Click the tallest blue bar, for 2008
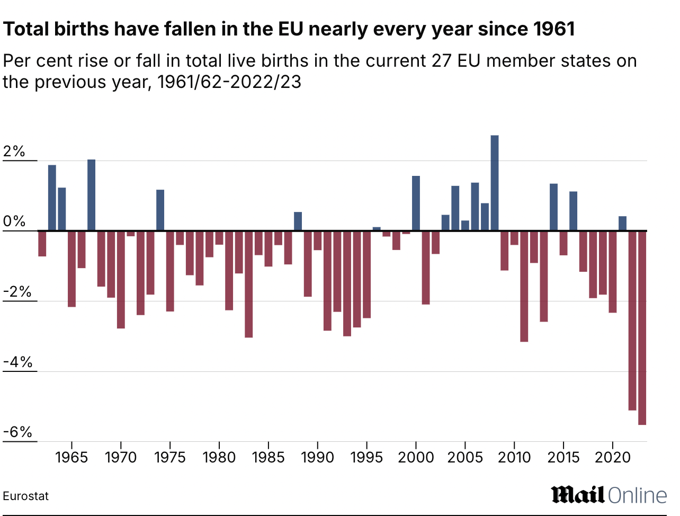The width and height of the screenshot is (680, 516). coord(495,183)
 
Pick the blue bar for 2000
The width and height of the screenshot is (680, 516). coord(416,203)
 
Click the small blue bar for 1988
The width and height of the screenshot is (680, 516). coord(298,221)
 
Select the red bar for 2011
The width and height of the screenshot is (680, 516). coord(524,286)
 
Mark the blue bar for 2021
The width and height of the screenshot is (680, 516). coord(622,224)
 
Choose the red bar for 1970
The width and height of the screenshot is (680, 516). coord(121,280)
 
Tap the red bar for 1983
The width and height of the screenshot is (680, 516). coord(248,284)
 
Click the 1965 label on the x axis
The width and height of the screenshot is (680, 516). coord(71,457)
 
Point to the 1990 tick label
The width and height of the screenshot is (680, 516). coord(317,457)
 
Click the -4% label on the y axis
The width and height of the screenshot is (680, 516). coord(17,362)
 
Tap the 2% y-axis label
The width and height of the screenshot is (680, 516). coord(14,152)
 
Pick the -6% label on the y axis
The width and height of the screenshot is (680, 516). coord(17,432)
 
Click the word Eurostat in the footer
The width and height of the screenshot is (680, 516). coord(25,496)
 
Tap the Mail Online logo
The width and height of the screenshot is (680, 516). coord(609,495)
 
